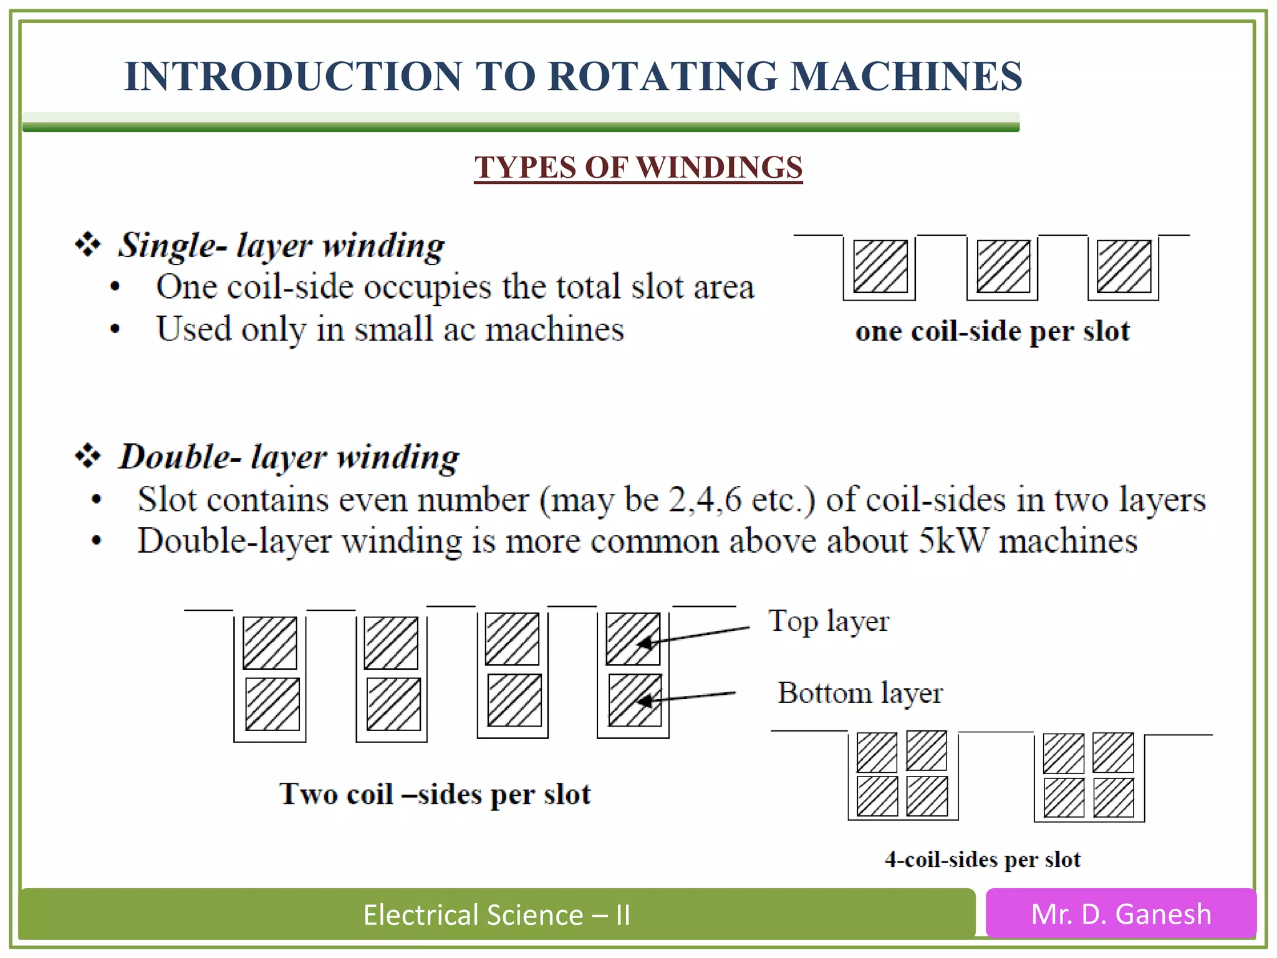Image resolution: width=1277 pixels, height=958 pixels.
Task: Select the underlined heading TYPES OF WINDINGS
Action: pos(638,167)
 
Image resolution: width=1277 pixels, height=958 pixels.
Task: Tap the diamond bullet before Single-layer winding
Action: pos(87,244)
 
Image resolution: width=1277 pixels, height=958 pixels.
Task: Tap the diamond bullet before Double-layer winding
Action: pos(87,456)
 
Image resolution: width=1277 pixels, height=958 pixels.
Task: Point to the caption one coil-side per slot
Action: pos(991,331)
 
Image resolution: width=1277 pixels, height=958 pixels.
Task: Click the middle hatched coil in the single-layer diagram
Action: pos(1003,266)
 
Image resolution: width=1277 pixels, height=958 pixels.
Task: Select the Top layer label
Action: pos(829,621)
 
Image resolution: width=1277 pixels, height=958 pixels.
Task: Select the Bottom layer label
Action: pos(860,693)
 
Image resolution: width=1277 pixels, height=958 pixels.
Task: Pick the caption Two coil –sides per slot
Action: pos(435,794)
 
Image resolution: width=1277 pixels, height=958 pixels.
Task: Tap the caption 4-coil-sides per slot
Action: pos(982,859)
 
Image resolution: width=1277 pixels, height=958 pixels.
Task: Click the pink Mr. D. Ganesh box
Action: pos(1120,914)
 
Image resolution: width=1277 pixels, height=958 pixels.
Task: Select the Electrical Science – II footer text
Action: pos(497,915)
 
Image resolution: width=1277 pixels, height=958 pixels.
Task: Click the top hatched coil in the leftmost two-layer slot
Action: pos(269,643)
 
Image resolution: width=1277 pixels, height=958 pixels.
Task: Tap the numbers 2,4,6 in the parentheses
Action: pos(705,500)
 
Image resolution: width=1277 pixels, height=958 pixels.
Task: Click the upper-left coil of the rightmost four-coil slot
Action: pos(1063,753)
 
